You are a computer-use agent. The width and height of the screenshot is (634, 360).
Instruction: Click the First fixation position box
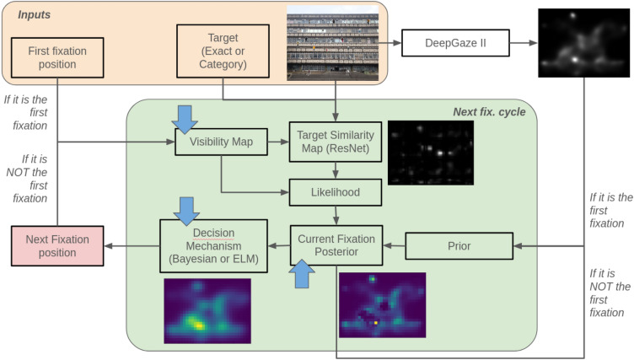(56, 56)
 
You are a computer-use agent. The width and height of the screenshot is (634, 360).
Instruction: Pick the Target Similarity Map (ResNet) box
(336, 142)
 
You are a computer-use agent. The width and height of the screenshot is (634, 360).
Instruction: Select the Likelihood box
(336, 193)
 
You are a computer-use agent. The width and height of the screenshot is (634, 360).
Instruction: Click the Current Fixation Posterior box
(336, 245)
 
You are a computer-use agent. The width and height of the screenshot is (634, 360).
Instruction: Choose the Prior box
(459, 245)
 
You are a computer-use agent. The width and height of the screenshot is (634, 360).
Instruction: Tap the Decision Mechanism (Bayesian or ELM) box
(212, 246)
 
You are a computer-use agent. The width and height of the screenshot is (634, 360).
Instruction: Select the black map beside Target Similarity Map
(431, 152)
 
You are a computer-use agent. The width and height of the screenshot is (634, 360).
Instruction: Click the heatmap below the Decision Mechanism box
(207, 311)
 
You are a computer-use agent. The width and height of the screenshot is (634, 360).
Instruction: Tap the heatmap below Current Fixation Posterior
(382, 304)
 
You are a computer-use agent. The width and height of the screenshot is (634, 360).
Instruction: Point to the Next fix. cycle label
(488, 112)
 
